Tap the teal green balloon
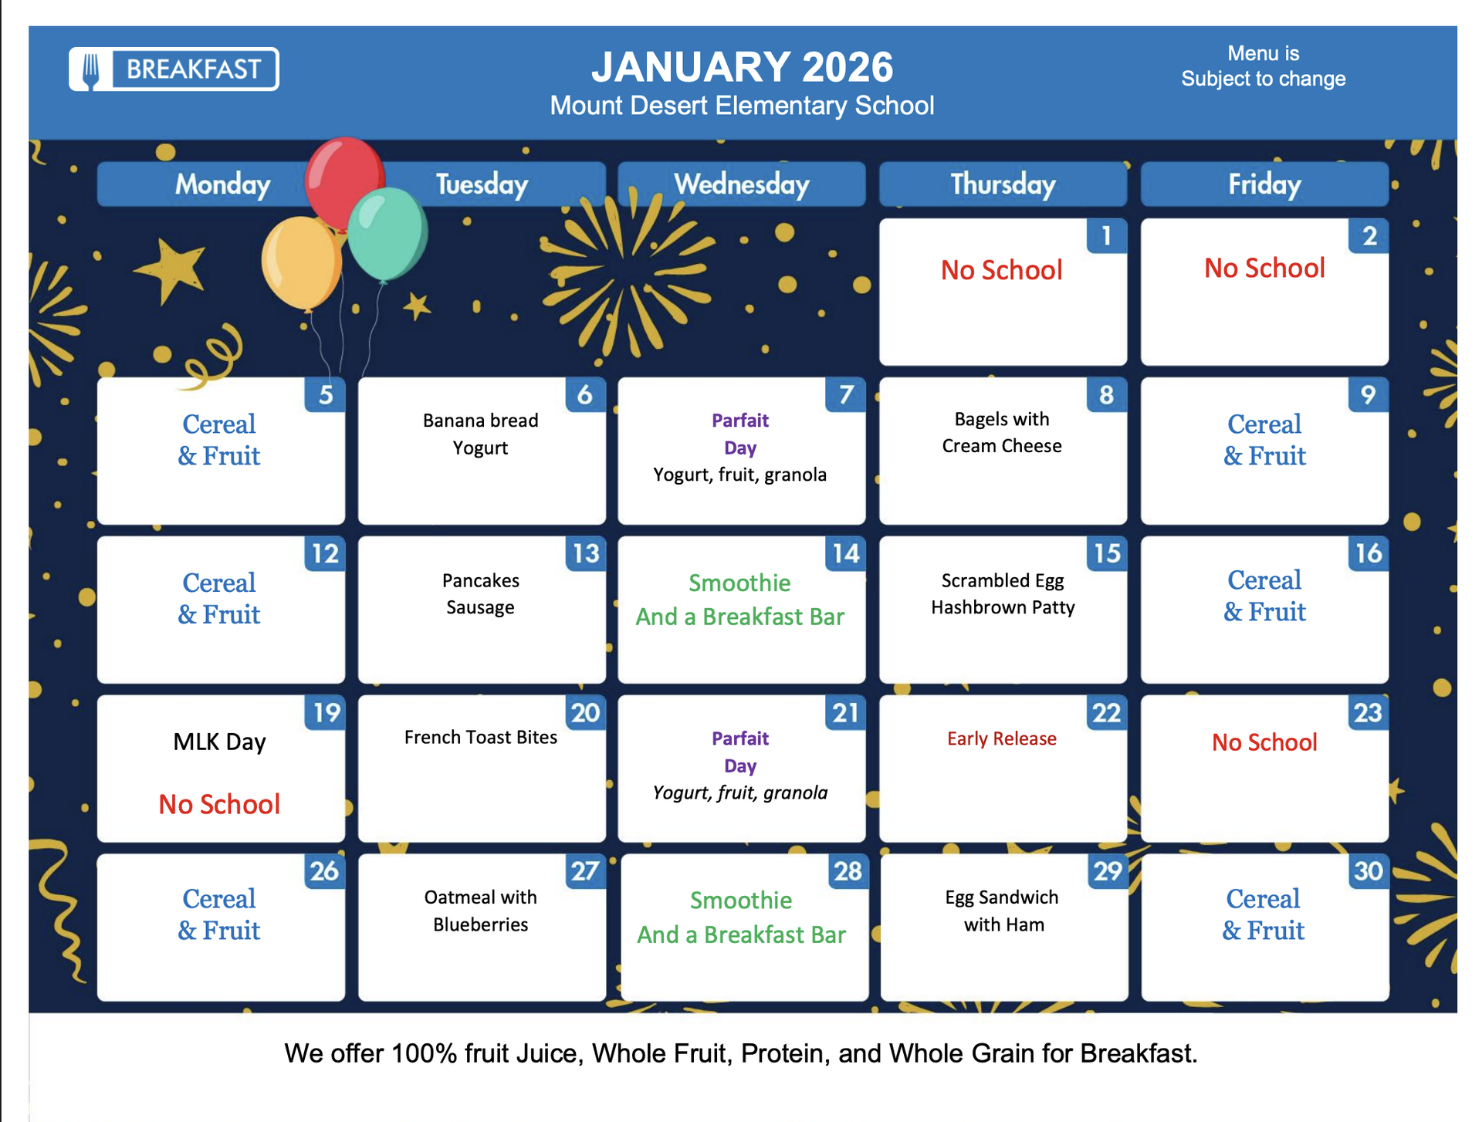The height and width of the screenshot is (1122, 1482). click(387, 232)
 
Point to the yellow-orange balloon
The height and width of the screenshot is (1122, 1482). click(301, 262)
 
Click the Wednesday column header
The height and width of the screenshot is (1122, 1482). click(741, 184)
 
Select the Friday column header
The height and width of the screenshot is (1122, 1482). click(1264, 184)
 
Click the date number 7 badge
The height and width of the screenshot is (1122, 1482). click(846, 394)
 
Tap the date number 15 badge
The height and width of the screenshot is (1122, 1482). click(1107, 553)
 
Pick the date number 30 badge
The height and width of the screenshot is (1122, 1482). click(1369, 871)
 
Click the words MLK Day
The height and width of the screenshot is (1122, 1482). click(220, 742)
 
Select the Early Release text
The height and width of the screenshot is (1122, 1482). click(1002, 738)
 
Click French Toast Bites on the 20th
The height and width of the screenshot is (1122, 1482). click(481, 737)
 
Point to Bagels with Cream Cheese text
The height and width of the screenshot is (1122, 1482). click(1002, 432)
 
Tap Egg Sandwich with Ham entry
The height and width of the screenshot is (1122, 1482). click(1003, 911)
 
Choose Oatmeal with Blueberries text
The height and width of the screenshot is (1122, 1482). click(481, 911)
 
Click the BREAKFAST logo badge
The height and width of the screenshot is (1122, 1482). click(174, 69)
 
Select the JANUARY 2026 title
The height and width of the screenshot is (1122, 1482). click(742, 67)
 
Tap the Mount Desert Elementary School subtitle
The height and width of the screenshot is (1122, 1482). click(742, 106)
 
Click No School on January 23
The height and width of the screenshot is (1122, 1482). click(1264, 742)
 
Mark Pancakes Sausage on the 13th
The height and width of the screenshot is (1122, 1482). click(481, 593)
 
